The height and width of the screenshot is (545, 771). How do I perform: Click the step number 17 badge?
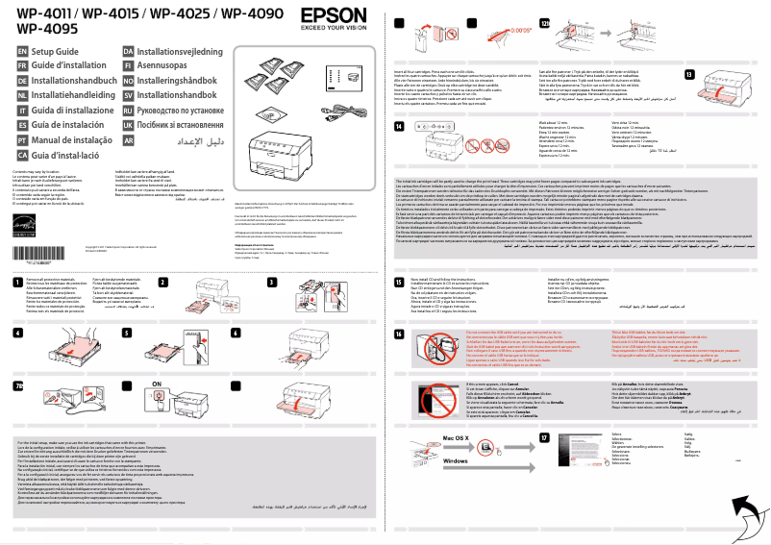tap(545, 437)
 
